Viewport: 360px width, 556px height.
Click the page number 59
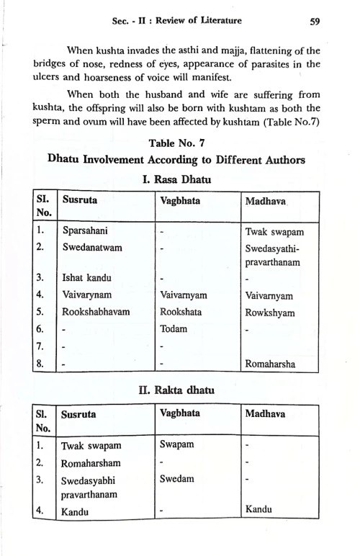pyautogui.click(x=314, y=22)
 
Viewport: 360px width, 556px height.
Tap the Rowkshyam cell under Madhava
pyautogui.click(x=269, y=313)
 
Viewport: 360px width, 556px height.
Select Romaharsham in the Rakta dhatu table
pyautogui.click(x=94, y=462)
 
